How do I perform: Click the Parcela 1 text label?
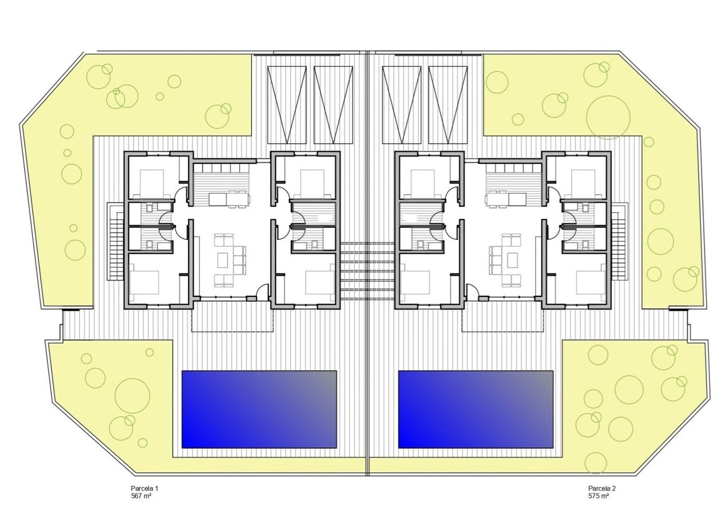click(x=144, y=488)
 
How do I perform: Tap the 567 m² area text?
click(x=141, y=496)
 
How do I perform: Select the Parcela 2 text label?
click(x=602, y=488)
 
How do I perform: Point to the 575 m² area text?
click(x=599, y=496)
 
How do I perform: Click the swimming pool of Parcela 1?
click(x=259, y=409)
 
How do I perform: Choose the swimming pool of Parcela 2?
click(x=476, y=409)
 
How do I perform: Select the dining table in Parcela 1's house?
click(x=229, y=199)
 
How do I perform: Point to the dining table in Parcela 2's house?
click(x=505, y=199)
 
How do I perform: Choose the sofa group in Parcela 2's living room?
click(x=505, y=260)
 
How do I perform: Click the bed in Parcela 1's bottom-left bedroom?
click(x=144, y=281)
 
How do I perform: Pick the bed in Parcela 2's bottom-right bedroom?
click(x=590, y=281)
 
